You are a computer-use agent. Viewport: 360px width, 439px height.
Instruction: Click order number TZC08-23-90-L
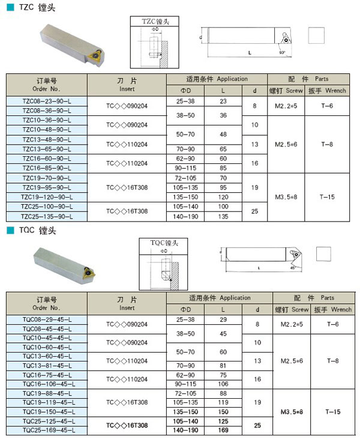tap(46, 100)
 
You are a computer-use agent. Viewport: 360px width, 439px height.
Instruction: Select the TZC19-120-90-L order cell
tap(46, 196)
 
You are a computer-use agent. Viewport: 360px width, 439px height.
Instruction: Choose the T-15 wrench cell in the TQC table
tap(332, 411)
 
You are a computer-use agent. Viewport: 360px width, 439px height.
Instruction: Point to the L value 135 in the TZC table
tap(223, 216)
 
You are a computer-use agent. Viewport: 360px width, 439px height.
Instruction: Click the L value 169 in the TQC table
tap(223, 430)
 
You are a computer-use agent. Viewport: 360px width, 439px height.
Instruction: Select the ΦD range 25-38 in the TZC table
tap(185, 101)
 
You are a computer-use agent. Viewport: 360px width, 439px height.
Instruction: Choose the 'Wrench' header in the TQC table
tap(341, 310)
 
